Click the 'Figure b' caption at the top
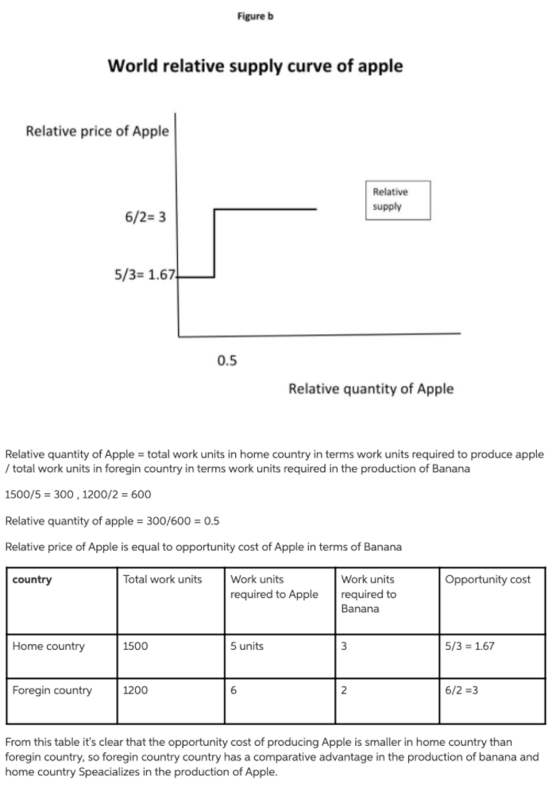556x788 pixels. [254, 16]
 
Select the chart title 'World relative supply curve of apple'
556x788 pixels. [255, 66]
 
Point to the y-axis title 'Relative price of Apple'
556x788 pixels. [97, 131]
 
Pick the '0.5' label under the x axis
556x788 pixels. [226, 361]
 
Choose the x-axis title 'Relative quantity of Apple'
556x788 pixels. [371, 388]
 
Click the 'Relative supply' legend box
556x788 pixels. [400, 199]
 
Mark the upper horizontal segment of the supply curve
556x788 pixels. [266, 210]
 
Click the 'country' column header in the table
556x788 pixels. [33, 579]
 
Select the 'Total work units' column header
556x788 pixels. [163, 579]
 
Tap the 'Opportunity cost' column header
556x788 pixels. [488, 579]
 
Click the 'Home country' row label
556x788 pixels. [48, 646]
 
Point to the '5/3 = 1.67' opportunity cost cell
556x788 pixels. [470, 646]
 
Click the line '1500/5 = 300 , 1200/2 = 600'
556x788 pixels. [78, 495]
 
